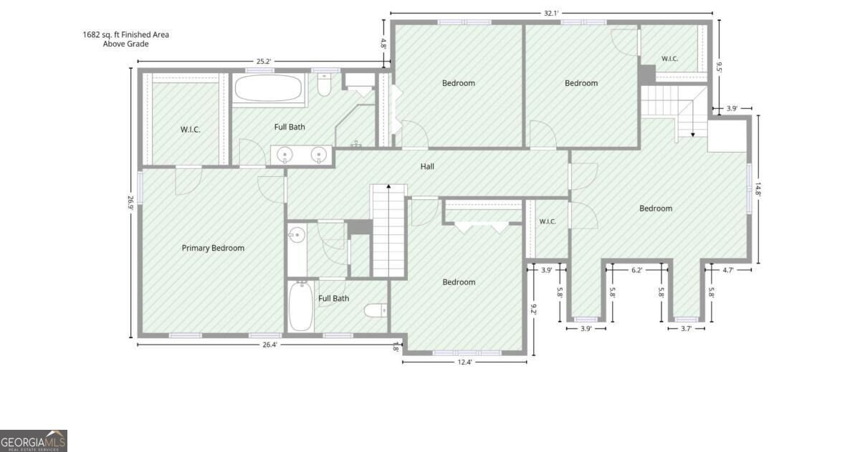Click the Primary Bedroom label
pyautogui.click(x=213, y=248)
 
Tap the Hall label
pyautogui.click(x=427, y=166)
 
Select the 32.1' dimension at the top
pyautogui.click(x=551, y=13)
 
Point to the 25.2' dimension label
pyautogui.click(x=264, y=61)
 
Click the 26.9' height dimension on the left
pyautogui.click(x=130, y=203)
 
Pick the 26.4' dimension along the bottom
pyautogui.click(x=269, y=345)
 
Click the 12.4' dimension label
pyautogui.click(x=464, y=362)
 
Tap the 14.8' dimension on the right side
pyautogui.click(x=758, y=189)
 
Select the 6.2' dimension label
pyautogui.click(x=636, y=270)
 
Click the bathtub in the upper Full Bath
pyautogui.click(x=268, y=88)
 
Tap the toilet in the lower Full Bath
pyautogui.click(x=376, y=310)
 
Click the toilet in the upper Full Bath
pyautogui.click(x=324, y=85)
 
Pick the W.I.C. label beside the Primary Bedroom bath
pyautogui.click(x=191, y=130)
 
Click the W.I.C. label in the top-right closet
pyautogui.click(x=669, y=59)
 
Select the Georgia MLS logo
pyautogui.click(x=34, y=441)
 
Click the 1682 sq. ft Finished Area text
pyautogui.click(x=126, y=34)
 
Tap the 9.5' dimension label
pyautogui.click(x=719, y=67)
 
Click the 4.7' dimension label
pyautogui.click(x=728, y=270)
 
